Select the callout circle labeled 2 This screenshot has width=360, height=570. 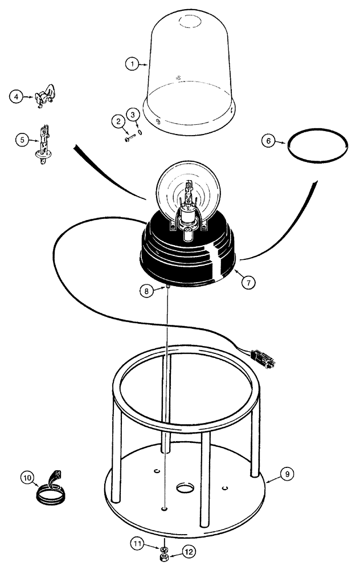[118, 121]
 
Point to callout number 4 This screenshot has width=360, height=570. [17, 97]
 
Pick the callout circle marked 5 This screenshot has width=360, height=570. [21, 139]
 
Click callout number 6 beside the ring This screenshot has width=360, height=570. [269, 140]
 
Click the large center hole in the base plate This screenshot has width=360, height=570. [186, 488]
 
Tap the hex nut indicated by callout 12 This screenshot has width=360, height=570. [163, 555]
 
